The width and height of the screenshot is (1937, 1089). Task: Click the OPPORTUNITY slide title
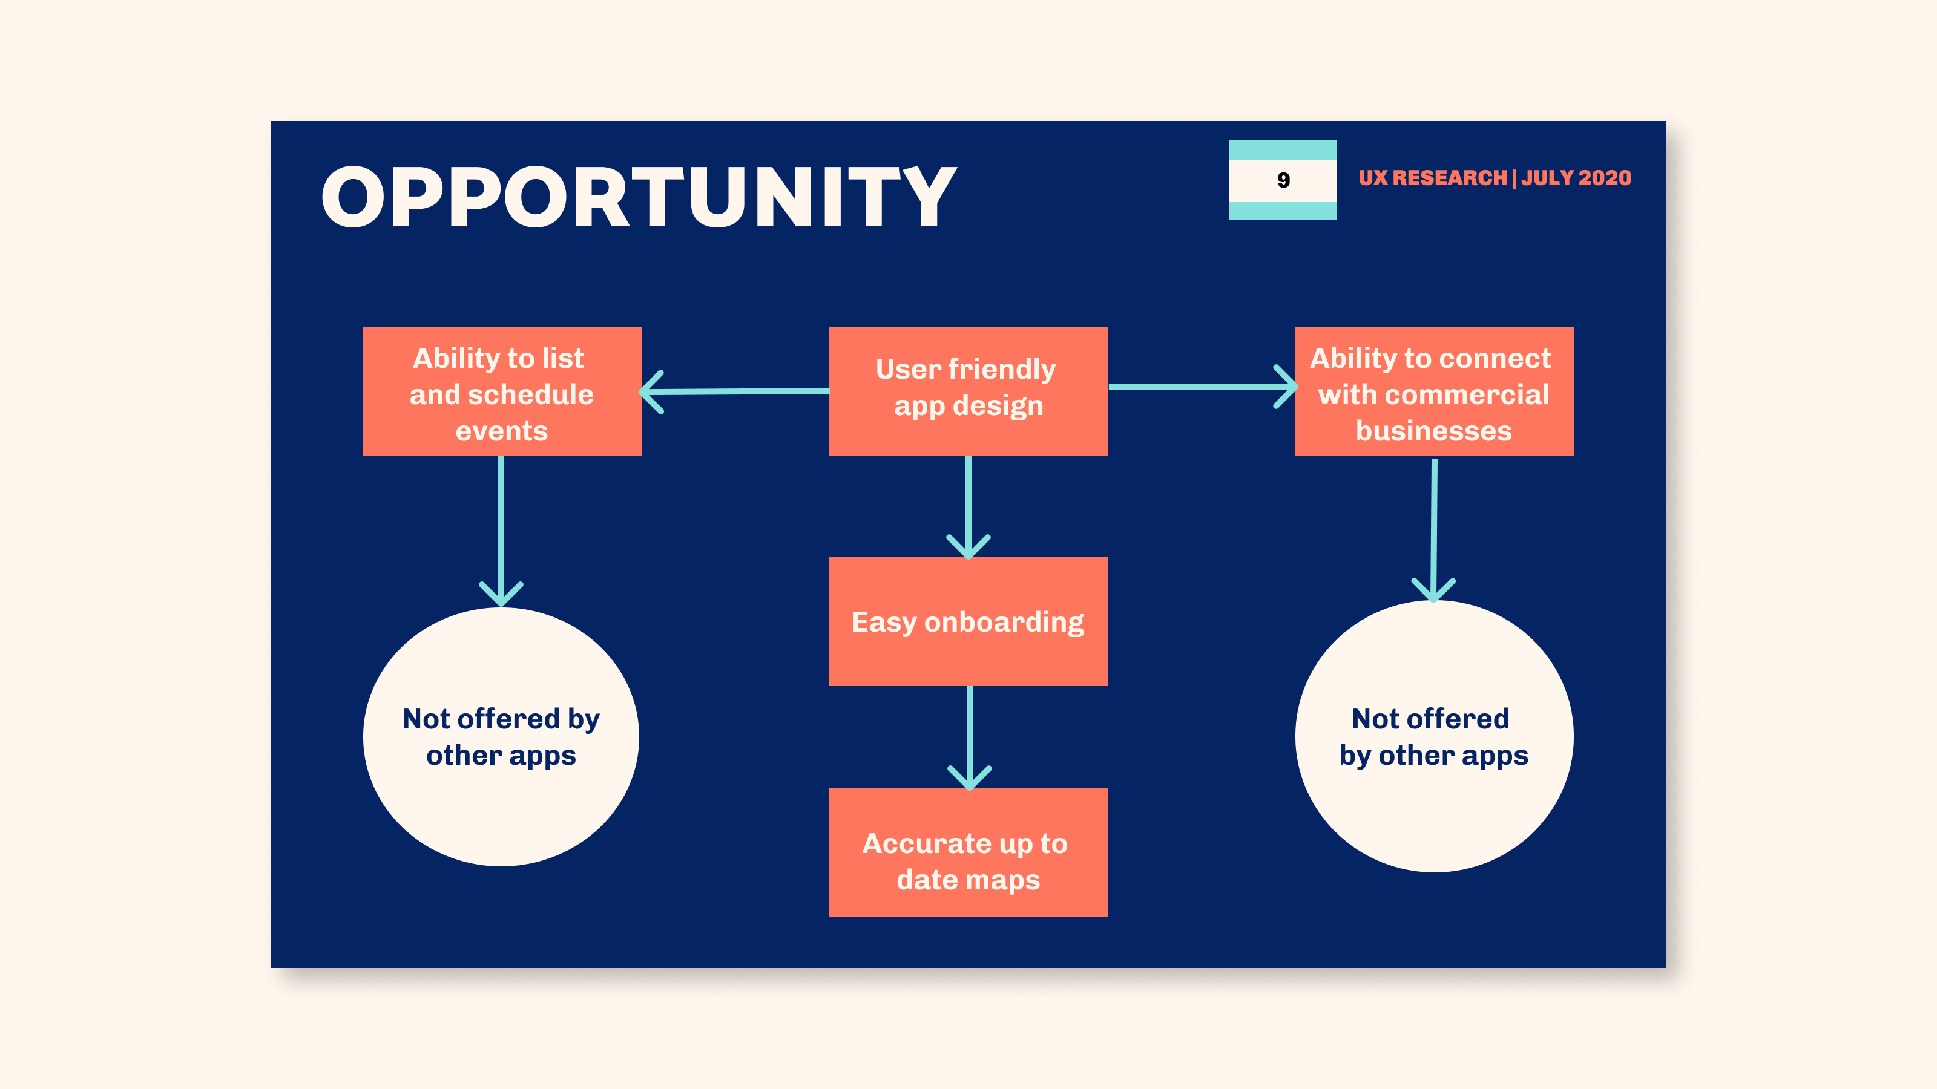639,197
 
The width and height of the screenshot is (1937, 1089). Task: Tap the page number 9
1283,180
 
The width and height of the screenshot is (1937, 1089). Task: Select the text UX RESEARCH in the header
1432,178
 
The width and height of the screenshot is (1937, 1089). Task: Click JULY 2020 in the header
1576,178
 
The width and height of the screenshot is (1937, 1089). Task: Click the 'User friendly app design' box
968,391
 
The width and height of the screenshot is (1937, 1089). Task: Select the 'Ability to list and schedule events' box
502,391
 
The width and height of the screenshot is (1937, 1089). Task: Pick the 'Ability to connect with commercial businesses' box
1434,391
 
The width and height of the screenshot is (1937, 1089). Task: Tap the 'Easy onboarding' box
968,621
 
